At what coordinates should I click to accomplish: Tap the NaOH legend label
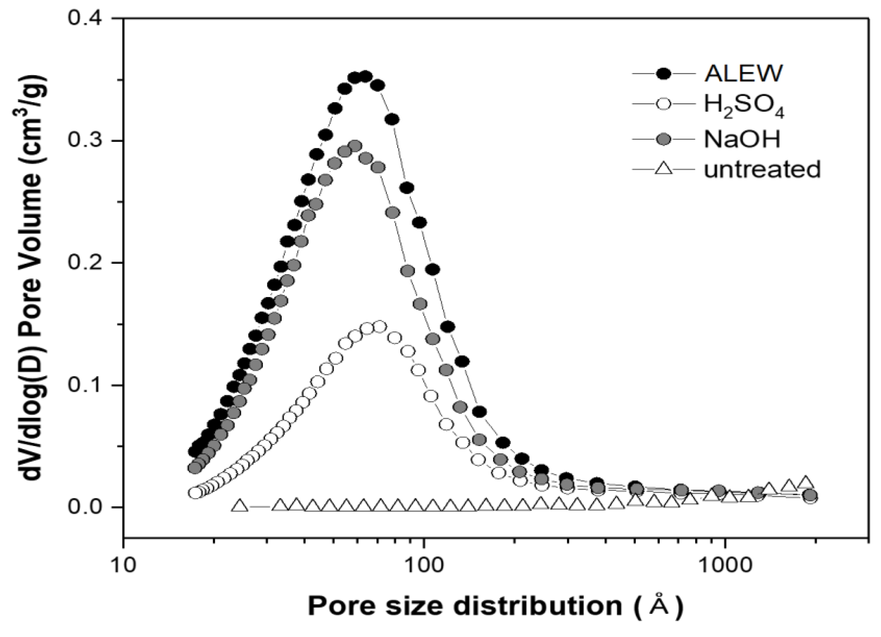(742, 139)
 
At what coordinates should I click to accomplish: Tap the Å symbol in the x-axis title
(659, 604)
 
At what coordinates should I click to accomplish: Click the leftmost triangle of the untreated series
(240, 506)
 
